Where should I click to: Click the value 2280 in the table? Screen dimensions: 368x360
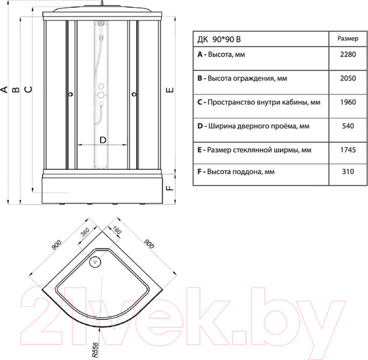click(x=348, y=55)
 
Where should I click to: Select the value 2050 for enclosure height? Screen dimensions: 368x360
click(x=348, y=79)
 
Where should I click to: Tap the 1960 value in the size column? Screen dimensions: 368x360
click(x=348, y=102)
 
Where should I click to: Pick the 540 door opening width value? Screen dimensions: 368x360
click(x=348, y=126)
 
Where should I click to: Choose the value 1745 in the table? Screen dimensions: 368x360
click(x=348, y=150)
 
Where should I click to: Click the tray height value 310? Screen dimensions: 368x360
click(x=348, y=172)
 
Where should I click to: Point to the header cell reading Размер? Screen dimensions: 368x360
click(x=348, y=39)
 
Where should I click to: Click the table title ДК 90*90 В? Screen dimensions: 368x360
click(x=219, y=39)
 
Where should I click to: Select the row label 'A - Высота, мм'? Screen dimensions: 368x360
click(x=221, y=55)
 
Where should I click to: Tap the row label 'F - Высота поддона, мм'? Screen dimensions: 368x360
click(x=236, y=172)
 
